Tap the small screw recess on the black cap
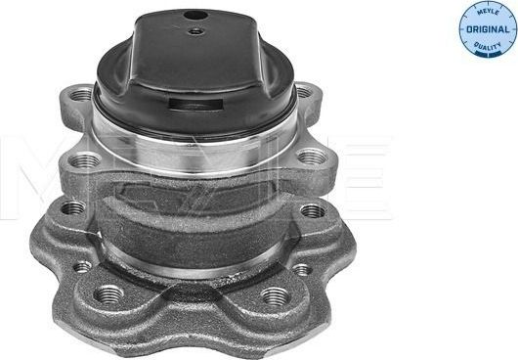196,31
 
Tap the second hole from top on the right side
310,156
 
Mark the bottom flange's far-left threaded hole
71,207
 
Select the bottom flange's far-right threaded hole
312,210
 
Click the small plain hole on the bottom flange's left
83,265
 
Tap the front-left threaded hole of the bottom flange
108,293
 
